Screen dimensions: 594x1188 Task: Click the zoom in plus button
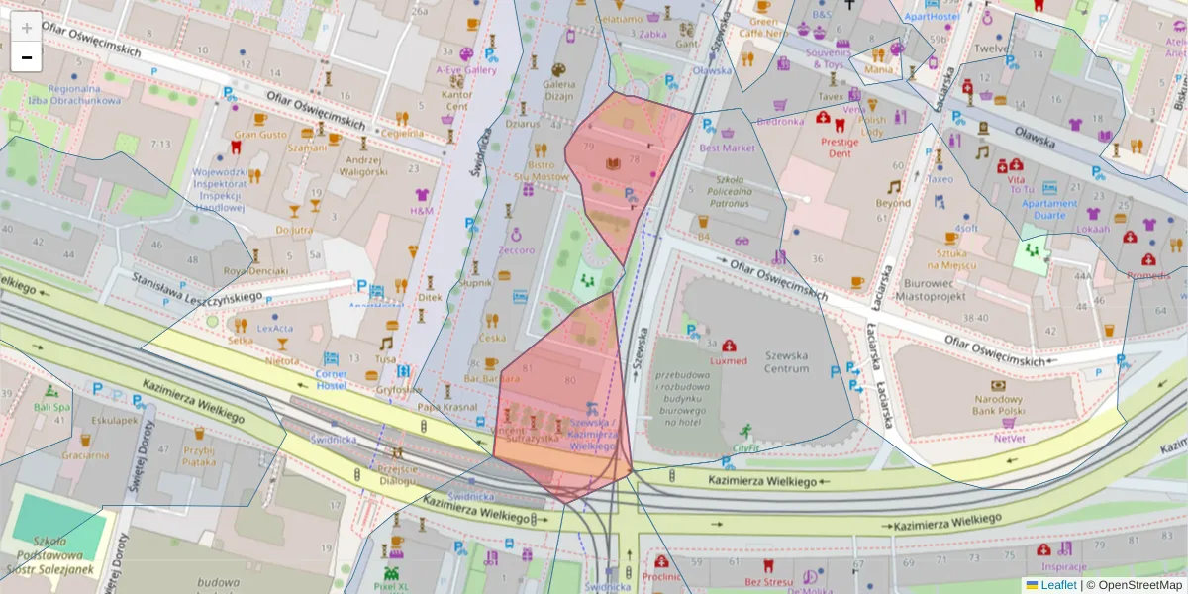(27, 27)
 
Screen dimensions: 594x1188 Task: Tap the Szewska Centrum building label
(787, 361)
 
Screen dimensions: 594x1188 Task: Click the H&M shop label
(422, 211)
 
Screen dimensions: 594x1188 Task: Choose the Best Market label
(727, 148)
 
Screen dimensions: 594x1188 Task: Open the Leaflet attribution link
(1058, 585)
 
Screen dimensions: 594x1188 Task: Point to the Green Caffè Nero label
(767, 27)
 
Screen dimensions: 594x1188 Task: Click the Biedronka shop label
(780, 122)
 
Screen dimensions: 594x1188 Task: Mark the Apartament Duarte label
(1049, 209)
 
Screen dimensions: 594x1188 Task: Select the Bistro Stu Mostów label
(542, 170)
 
